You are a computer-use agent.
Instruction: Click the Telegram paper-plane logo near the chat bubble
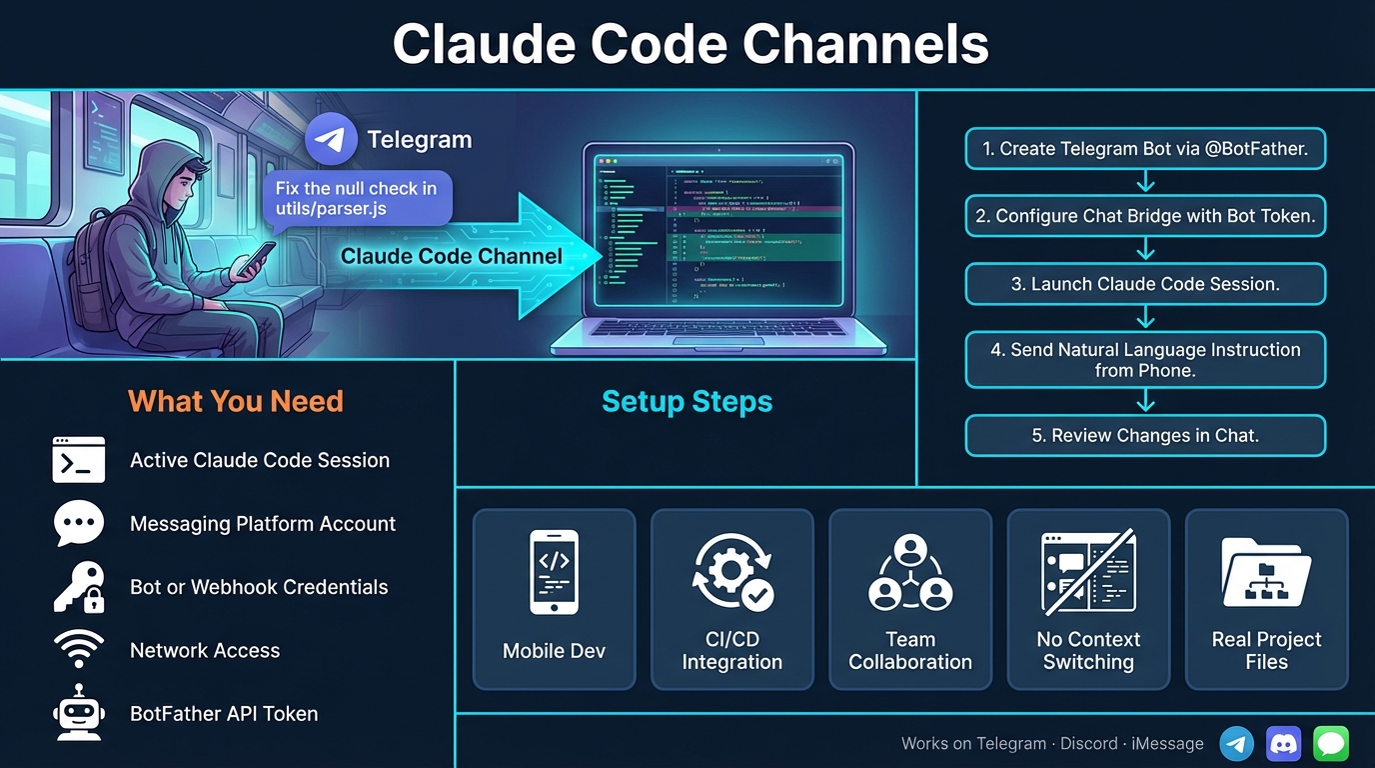[331, 140]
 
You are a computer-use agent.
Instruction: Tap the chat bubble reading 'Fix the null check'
[357, 198]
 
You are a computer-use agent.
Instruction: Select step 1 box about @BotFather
[1145, 149]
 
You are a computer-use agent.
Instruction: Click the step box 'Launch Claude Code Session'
[1145, 284]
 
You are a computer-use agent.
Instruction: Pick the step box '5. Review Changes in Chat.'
[1145, 436]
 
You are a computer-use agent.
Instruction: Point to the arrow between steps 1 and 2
[1146, 182]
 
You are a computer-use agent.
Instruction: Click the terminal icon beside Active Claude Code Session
[79, 460]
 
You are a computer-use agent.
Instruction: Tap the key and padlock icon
[79, 587]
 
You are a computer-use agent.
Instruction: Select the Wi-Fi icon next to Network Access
[79, 650]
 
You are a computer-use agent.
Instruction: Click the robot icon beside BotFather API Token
[79, 713]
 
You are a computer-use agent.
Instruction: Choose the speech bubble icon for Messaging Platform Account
[79, 523]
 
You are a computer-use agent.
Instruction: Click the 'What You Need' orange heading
[236, 401]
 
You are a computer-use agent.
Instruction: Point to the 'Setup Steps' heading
[687, 401]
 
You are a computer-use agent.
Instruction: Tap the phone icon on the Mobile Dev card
[554, 572]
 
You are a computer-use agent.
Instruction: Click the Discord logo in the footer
[1284, 744]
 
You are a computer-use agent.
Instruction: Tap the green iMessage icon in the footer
[1331, 744]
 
